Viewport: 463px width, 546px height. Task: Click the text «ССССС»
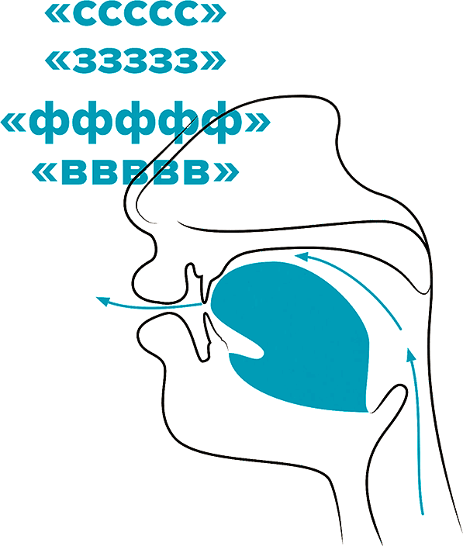point(135,14)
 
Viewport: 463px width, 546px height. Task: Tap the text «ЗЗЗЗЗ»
point(135,60)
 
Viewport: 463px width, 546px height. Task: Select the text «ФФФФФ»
point(135,122)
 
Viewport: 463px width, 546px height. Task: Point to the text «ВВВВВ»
point(135,171)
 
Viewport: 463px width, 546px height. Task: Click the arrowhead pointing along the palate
point(302,257)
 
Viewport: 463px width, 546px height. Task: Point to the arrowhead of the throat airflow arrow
point(411,355)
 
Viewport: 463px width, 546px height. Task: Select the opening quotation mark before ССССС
point(57,15)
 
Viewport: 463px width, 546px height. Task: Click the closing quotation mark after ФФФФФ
point(257,122)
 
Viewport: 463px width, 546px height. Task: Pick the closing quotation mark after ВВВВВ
point(226,171)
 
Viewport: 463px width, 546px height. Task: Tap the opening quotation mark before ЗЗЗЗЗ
point(57,61)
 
